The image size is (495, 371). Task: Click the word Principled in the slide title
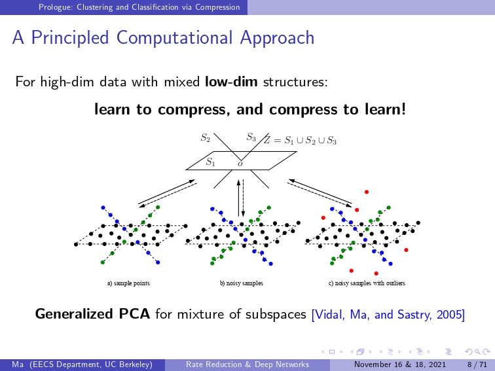point(70,38)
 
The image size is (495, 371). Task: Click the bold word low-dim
point(231,82)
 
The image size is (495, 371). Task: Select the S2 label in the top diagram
point(206,137)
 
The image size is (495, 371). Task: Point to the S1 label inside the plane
point(211,162)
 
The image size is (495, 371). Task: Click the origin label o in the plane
point(240,164)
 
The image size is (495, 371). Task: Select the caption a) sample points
point(128,283)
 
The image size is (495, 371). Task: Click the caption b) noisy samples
point(242,283)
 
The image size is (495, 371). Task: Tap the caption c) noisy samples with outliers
point(367,283)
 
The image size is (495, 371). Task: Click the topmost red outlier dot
point(367,192)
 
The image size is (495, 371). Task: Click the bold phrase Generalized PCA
point(92,314)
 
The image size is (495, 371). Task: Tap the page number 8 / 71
point(477,364)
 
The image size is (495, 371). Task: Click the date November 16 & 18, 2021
point(400,364)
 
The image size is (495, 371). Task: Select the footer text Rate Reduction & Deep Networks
point(247,364)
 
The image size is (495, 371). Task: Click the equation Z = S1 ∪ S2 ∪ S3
point(301,140)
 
